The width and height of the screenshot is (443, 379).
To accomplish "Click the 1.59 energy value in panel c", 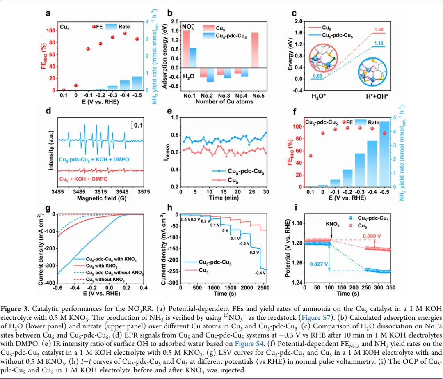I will pos(379,29).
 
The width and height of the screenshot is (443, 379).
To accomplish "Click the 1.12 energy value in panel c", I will pos(379,43).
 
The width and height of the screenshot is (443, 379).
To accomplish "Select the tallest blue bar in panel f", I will pos(384,154).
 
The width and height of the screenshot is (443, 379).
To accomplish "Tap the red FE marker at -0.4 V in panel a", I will pos(124,34).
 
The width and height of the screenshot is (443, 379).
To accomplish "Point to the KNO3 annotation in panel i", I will pos(333,224).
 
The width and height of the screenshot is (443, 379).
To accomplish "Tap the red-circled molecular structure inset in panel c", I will pos(323,58).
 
